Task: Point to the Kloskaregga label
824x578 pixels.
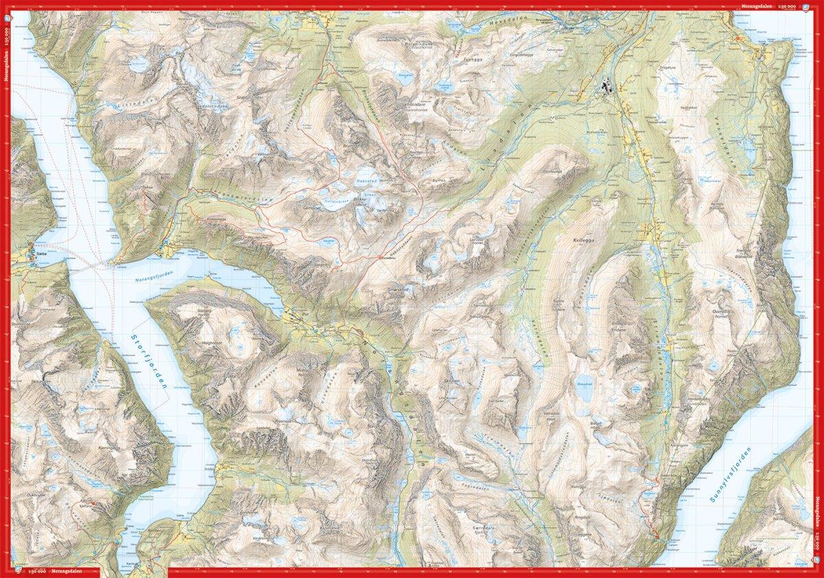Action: (x=216, y=218)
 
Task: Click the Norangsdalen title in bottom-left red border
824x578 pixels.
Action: (x=69, y=573)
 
